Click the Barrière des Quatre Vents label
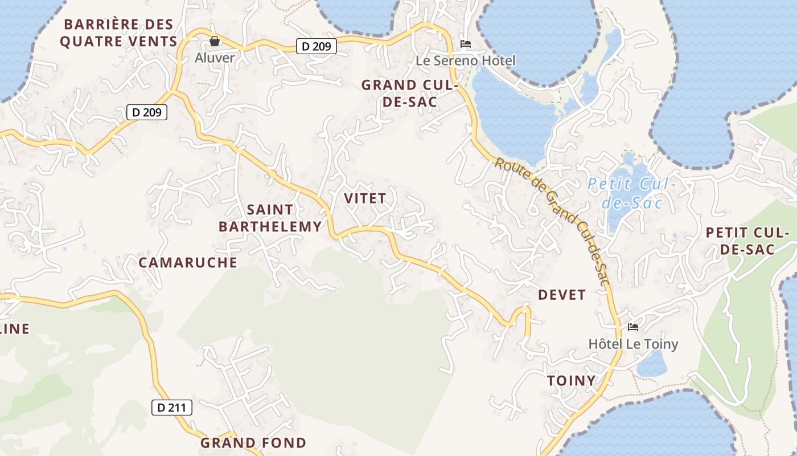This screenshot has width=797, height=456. (118, 33)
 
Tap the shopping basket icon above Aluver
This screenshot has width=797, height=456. (215, 41)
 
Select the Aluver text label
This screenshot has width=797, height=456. (215, 58)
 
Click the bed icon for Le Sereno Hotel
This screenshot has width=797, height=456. (466, 44)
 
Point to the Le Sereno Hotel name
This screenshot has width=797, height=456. (466, 60)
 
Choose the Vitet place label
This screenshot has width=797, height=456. (365, 198)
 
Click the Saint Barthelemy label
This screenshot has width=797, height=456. (270, 218)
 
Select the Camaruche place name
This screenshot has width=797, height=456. (188, 262)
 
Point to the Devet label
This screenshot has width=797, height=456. (562, 295)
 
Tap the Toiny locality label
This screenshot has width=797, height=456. (571, 381)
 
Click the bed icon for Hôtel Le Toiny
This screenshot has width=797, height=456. (633, 327)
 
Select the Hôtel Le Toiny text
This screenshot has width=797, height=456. (633, 344)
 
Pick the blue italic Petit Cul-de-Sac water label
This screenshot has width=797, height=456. (632, 193)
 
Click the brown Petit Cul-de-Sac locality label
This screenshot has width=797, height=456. (747, 241)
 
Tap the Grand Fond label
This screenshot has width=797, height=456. (253, 442)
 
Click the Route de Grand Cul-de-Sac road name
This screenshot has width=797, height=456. (552, 219)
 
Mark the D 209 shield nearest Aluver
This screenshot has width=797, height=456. (317, 46)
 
